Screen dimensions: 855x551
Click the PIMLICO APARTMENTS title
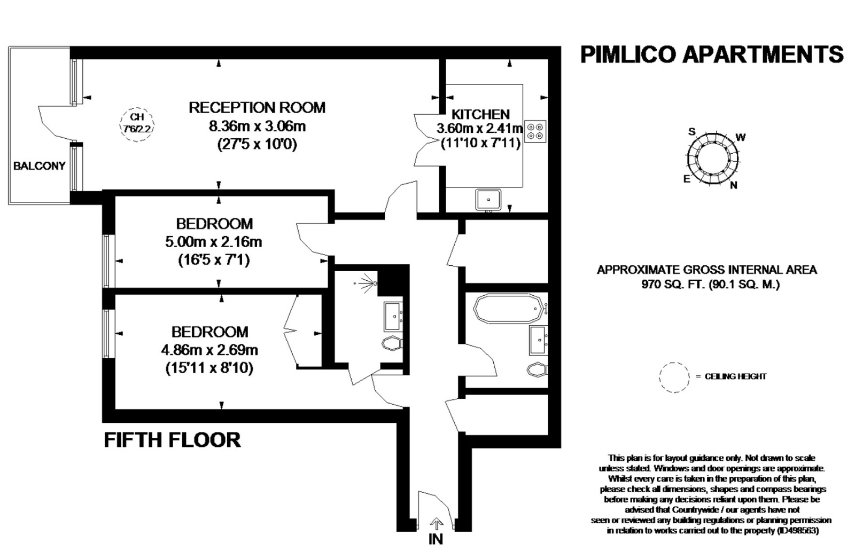point(712,54)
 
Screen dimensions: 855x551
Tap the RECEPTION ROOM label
point(257,107)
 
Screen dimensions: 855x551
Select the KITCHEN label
point(480,114)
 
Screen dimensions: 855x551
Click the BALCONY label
point(40,166)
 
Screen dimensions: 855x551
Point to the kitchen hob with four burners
point(535,131)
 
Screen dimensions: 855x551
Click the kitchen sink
point(488,200)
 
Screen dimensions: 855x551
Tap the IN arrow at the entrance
point(436,523)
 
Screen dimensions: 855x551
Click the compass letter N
point(733,186)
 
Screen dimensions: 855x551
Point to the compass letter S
point(691,132)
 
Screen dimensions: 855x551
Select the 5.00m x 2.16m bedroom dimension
point(214,242)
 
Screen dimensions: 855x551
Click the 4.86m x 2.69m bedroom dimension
point(209,350)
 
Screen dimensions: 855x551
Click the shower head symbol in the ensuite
point(367,284)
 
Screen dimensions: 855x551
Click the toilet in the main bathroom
point(538,369)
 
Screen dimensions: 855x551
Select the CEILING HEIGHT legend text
point(735,376)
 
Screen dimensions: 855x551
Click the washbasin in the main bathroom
point(539,340)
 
